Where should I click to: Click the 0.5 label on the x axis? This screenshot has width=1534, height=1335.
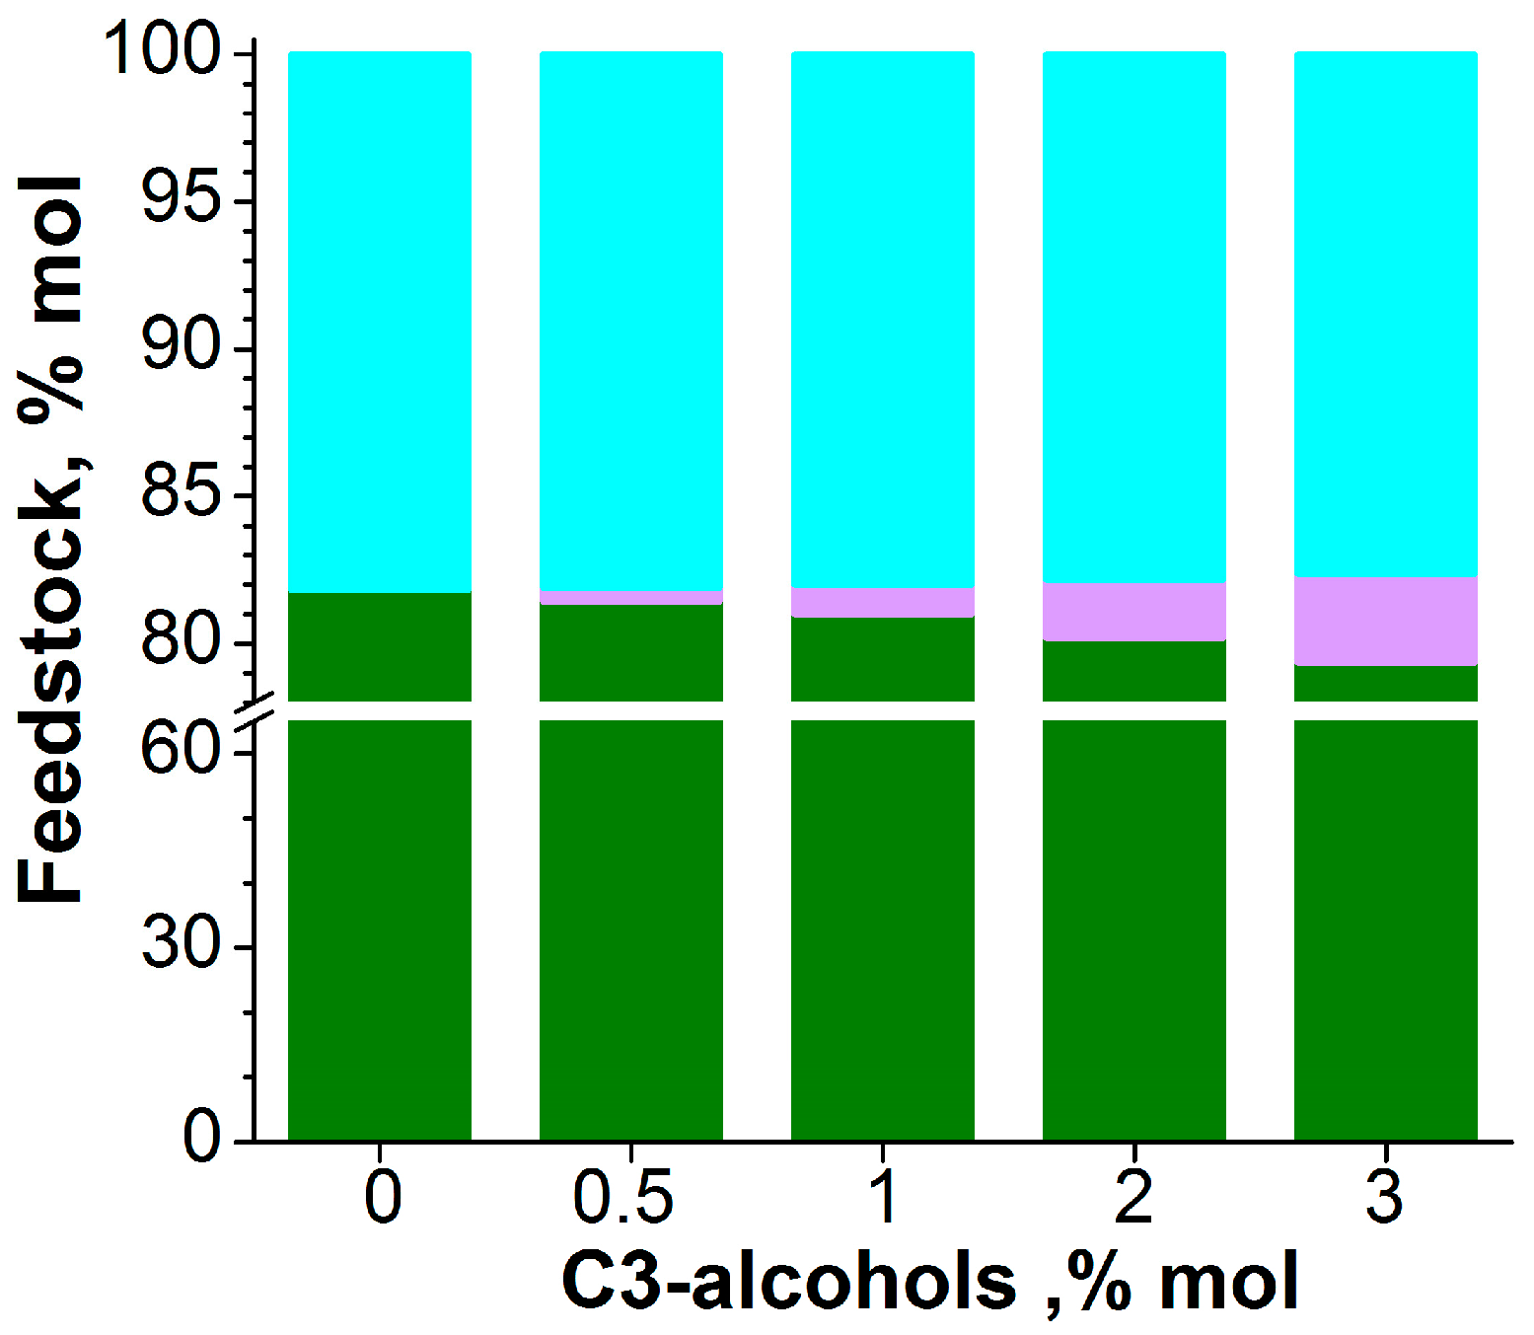click(x=622, y=1198)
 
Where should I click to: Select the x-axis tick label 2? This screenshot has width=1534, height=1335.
click(x=1133, y=1198)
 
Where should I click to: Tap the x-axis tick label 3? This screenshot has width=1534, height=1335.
click(x=1385, y=1198)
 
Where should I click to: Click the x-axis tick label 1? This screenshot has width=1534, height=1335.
click(x=884, y=1198)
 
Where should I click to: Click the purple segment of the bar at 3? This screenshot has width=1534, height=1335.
click(x=1385, y=622)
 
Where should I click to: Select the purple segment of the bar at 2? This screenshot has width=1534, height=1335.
click(x=1133, y=612)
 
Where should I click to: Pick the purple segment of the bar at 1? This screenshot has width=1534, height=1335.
click(x=882, y=602)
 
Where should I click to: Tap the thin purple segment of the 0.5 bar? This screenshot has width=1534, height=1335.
click(x=630, y=598)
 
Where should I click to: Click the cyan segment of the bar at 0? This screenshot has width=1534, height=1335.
click(x=379, y=321)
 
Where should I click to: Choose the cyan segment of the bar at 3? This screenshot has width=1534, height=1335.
click(x=1385, y=314)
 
